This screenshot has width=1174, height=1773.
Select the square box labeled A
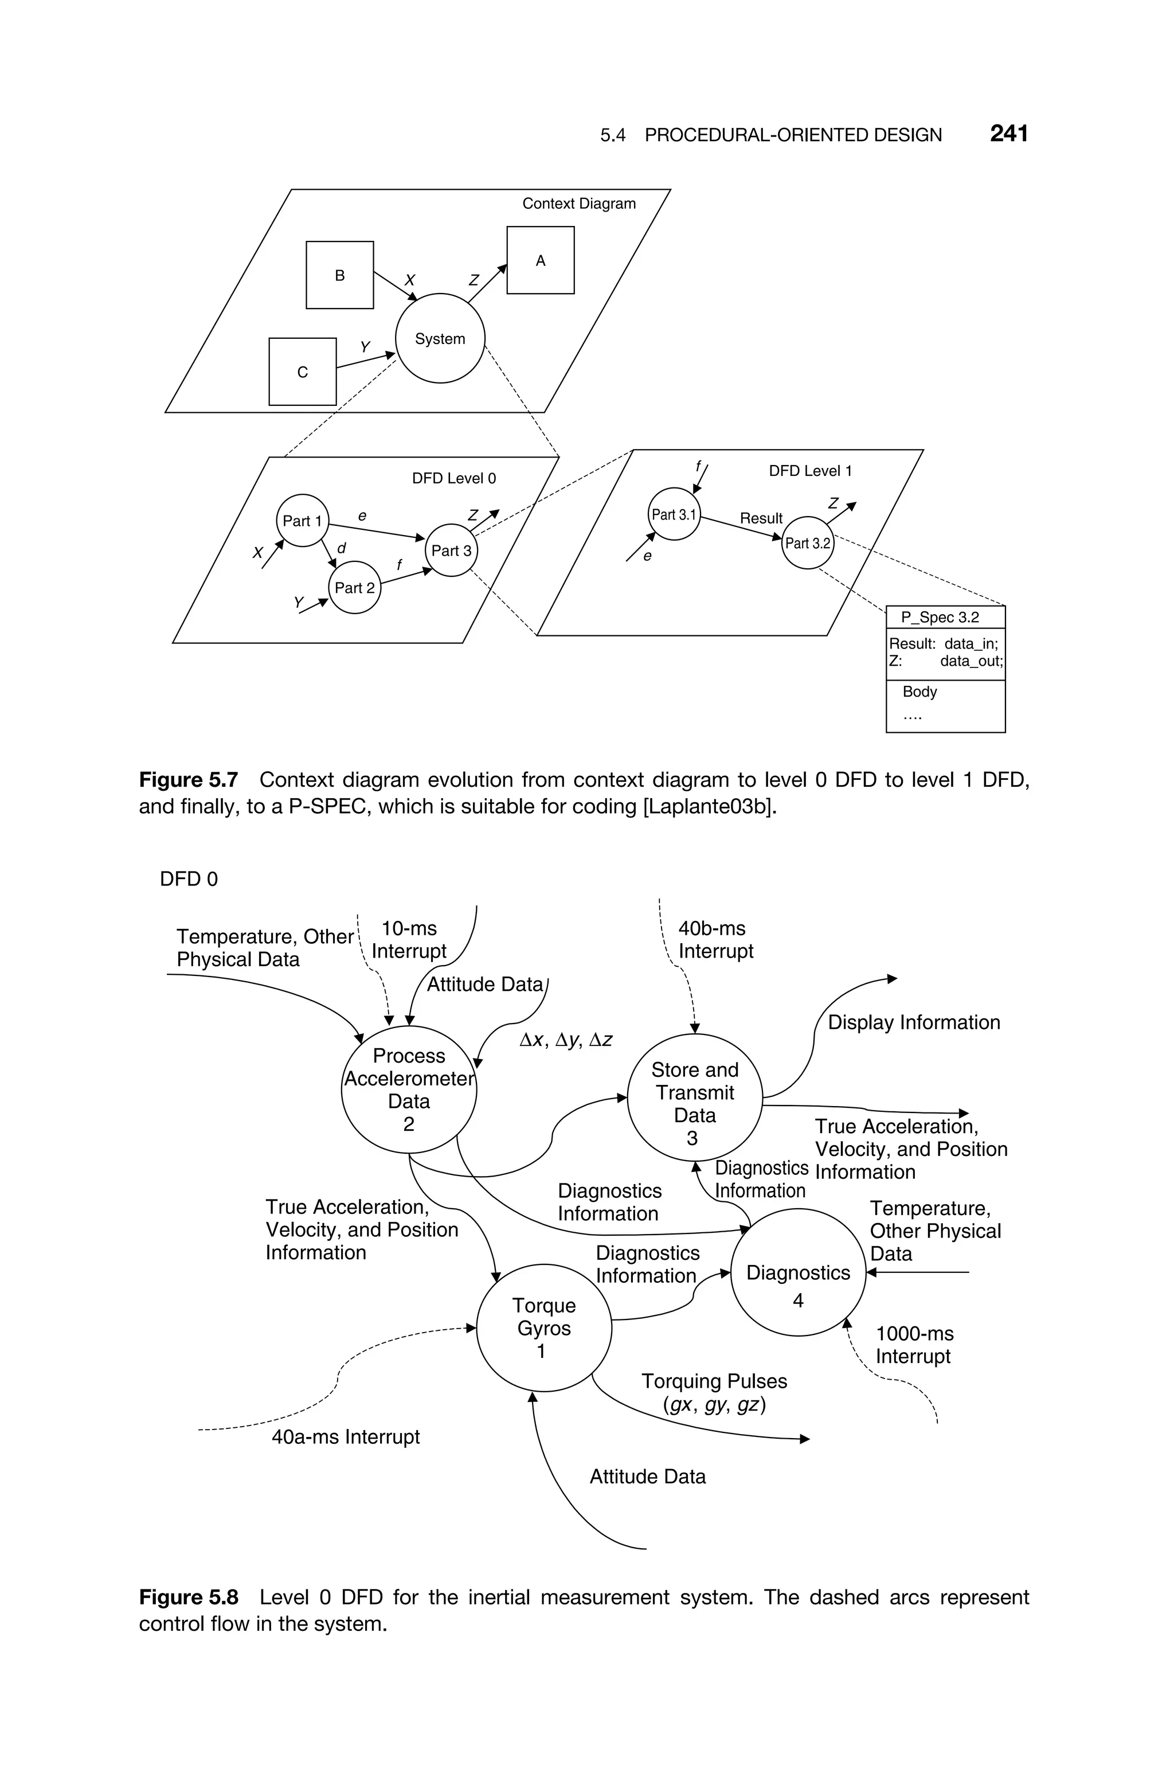coord(540,260)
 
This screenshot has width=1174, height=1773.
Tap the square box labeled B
coord(339,275)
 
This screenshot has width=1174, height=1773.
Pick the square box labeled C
coord(303,372)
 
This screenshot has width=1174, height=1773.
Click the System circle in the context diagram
coord(440,338)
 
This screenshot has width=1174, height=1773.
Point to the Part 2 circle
coord(354,588)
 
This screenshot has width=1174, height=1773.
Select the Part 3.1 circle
coord(674,514)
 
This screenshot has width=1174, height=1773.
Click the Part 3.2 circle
coord(807,543)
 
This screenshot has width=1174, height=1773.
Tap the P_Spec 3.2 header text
coord(940,617)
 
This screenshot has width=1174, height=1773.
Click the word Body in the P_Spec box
coord(919,691)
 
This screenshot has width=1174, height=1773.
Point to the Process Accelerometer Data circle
coord(409,1089)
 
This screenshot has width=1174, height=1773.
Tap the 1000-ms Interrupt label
coord(914,1345)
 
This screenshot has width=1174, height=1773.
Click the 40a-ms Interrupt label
coord(345,1437)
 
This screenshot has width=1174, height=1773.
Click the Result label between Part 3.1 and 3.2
coord(761,518)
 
